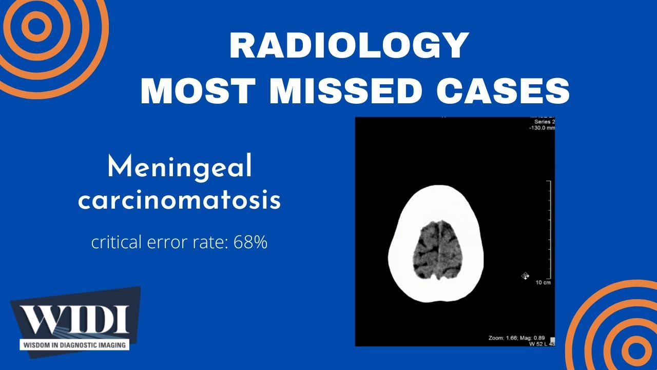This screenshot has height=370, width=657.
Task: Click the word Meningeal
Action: pos(180,168)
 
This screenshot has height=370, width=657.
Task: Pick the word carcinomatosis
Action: pos(180,201)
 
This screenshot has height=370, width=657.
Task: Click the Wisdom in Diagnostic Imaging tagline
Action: pos(74,345)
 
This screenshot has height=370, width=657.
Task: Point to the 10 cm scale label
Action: pos(543,283)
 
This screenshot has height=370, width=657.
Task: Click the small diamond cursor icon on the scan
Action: pos(525,276)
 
